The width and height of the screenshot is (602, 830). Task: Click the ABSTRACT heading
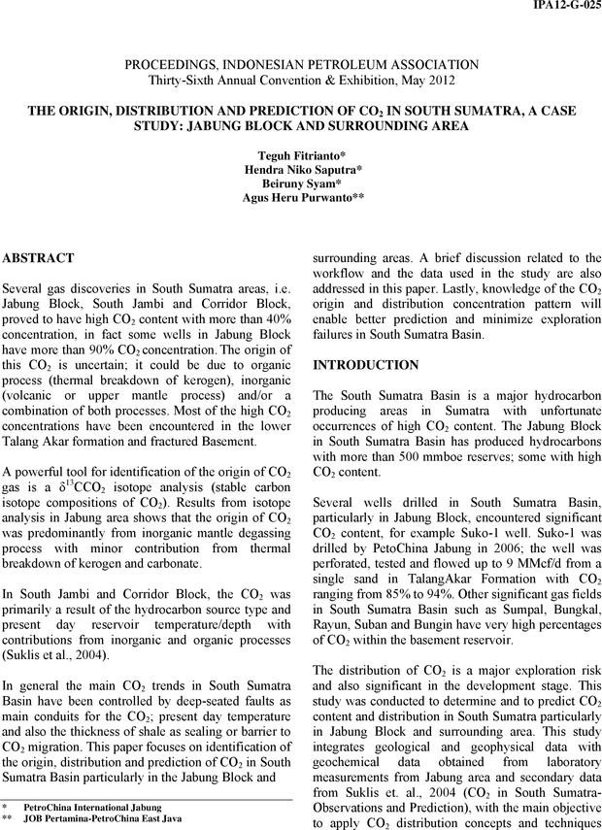click(39, 259)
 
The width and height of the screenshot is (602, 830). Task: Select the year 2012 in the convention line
click(436, 80)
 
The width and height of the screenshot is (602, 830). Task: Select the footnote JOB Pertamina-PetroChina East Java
click(103, 819)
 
